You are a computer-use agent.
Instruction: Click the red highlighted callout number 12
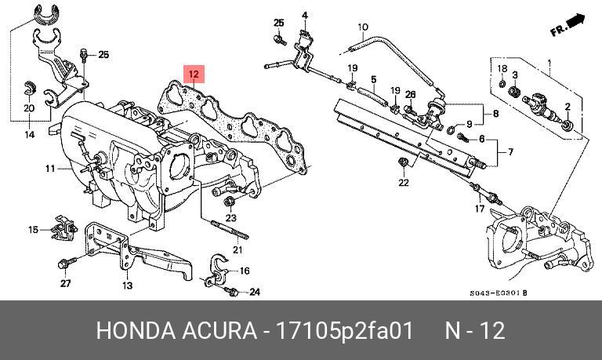click(194, 75)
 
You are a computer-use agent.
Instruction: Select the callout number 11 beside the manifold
click(50, 169)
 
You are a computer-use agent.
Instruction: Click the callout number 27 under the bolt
click(65, 284)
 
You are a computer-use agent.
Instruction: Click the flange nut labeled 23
click(229, 201)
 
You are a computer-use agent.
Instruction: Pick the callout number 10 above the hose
click(363, 27)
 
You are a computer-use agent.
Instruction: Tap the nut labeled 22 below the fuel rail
click(402, 163)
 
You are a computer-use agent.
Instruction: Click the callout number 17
click(480, 209)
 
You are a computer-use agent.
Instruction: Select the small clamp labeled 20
click(30, 89)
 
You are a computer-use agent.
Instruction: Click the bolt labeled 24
click(231, 292)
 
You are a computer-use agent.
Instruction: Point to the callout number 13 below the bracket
click(128, 285)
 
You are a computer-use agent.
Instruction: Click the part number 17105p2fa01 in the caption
click(345, 330)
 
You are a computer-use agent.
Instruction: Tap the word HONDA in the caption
click(136, 330)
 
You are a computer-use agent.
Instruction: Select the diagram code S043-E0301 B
click(499, 293)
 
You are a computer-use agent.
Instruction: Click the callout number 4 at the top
click(304, 16)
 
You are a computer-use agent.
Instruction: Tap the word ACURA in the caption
click(219, 330)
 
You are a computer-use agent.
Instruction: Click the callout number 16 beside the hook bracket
click(245, 271)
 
